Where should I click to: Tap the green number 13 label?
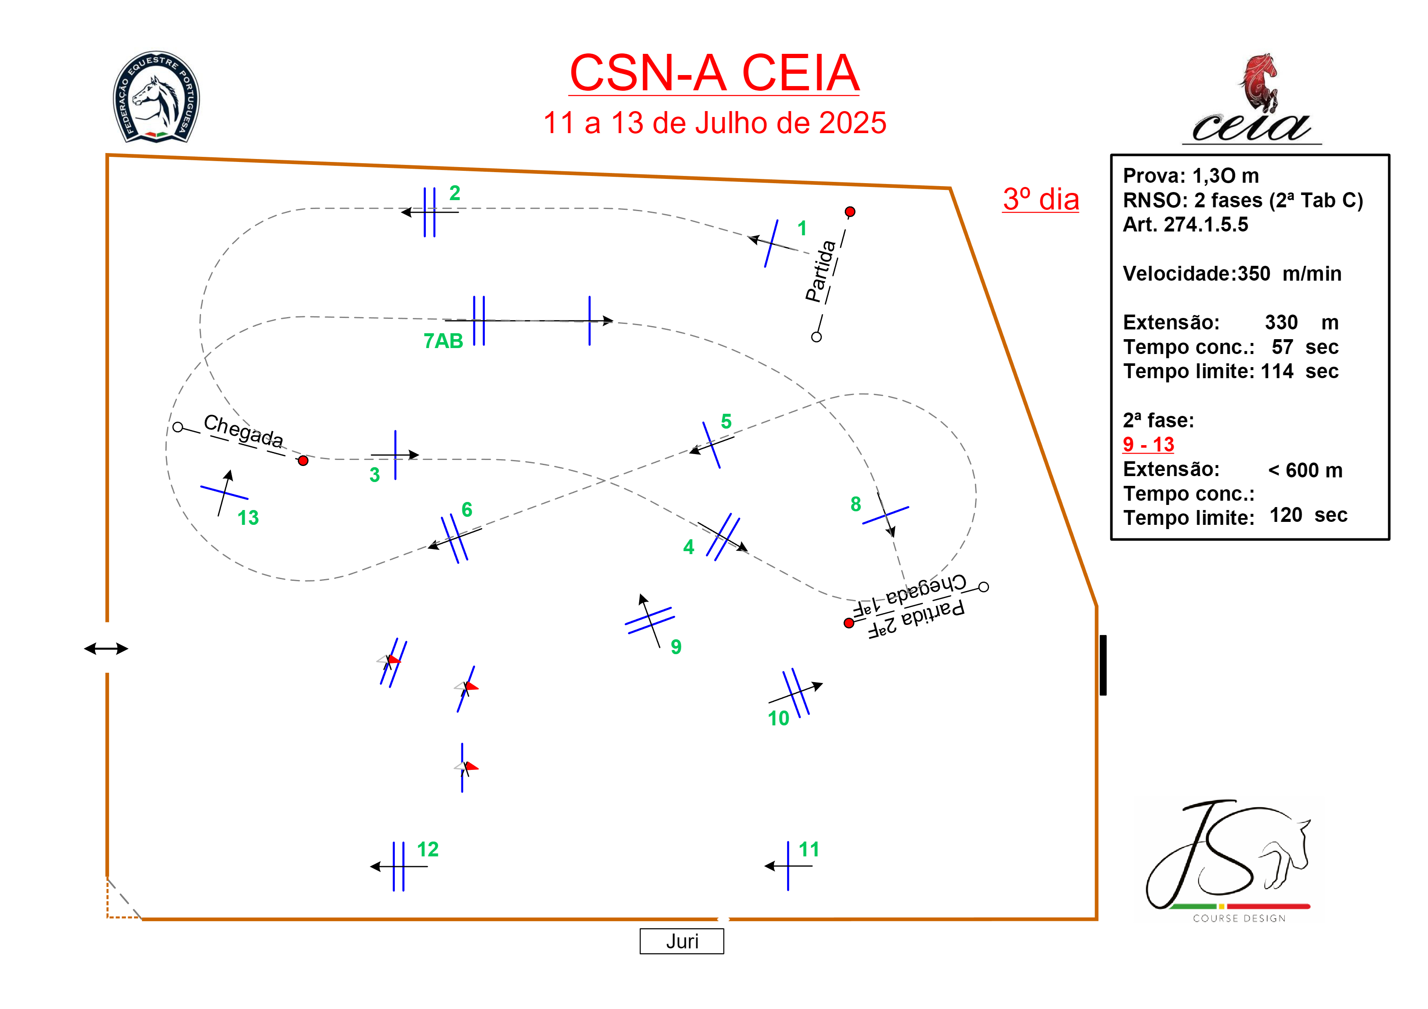[x=248, y=518]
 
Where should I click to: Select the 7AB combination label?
[x=443, y=341]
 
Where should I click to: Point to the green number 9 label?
[x=676, y=647]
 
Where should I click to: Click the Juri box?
[x=682, y=941]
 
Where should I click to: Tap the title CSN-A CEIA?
[x=714, y=73]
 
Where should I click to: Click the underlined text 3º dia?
[x=1040, y=200]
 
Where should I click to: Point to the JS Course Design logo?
[x=1228, y=861]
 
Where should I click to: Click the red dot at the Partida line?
[x=850, y=212]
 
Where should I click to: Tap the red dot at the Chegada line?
[x=303, y=461]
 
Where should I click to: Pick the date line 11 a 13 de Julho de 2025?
[x=714, y=123]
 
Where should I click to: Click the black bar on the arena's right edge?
[x=1103, y=665]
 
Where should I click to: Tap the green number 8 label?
[x=856, y=504]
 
